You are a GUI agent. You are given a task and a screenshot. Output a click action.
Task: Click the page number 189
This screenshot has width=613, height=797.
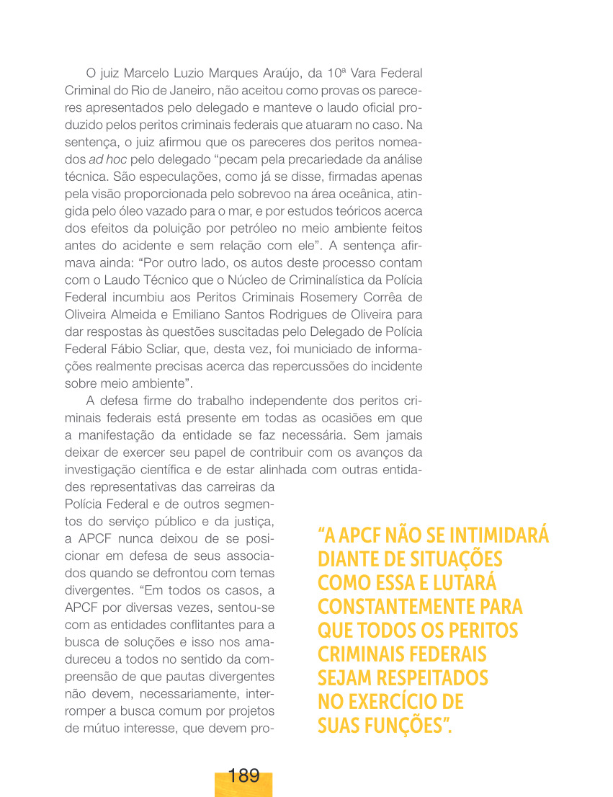point(243,776)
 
